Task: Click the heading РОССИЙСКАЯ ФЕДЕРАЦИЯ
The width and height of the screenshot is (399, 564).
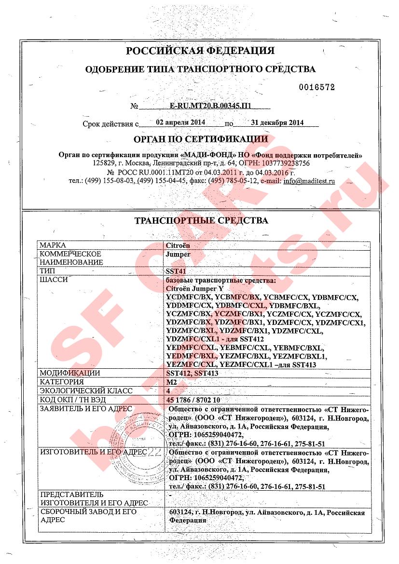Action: pyautogui.click(x=200, y=51)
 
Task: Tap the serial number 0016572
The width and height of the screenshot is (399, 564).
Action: pyautogui.click(x=316, y=87)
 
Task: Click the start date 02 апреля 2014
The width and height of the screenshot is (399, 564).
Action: pyautogui.click(x=175, y=122)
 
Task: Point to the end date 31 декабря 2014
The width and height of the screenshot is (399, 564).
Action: pyautogui.click(x=275, y=123)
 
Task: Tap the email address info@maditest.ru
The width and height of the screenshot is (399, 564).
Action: pyautogui.click(x=309, y=182)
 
